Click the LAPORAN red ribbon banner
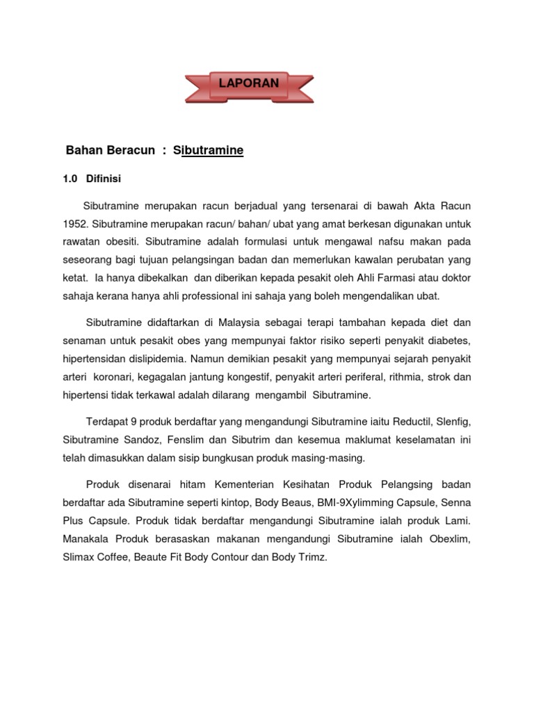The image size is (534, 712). pyautogui.click(x=249, y=84)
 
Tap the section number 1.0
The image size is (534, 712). pyautogui.click(x=70, y=179)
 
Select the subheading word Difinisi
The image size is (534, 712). pyautogui.click(x=104, y=179)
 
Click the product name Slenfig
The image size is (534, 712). pyautogui.click(x=454, y=422)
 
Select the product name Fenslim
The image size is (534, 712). pyautogui.click(x=189, y=440)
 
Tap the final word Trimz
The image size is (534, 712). pyautogui.click(x=311, y=557)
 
